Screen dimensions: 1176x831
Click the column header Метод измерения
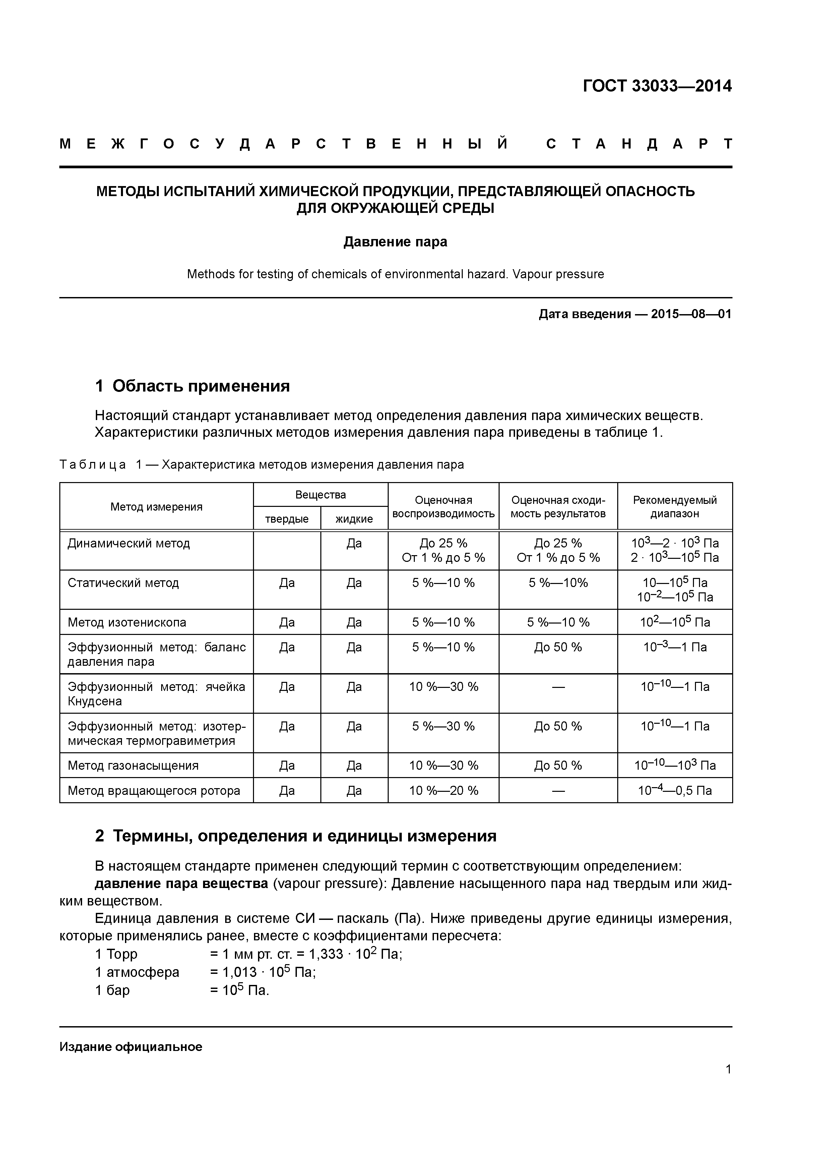[156, 507]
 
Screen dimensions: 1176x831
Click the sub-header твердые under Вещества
[287, 519]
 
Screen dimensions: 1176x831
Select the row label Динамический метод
[129, 543]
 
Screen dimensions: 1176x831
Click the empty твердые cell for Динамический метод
[287, 550]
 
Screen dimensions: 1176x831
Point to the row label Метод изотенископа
[127, 622]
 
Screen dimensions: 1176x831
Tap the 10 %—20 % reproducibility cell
[443, 790]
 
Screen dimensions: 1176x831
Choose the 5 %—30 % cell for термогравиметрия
[443, 726]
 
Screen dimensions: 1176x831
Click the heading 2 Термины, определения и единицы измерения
[296, 836]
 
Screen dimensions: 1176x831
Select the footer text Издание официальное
[131, 1046]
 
